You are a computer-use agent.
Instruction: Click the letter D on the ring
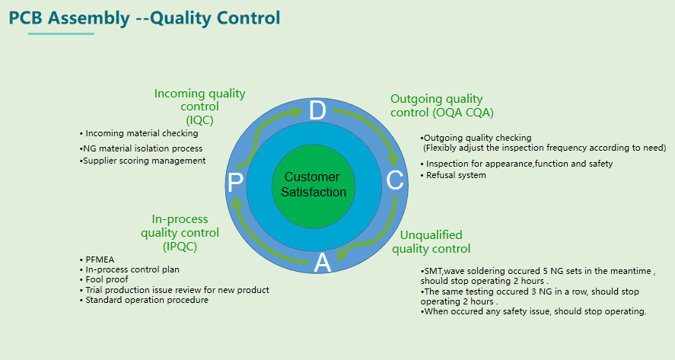(317, 111)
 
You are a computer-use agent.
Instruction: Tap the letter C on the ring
(395, 180)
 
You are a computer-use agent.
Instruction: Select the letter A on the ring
(323, 263)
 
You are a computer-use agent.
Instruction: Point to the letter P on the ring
(236, 183)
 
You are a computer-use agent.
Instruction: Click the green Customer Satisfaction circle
(313, 184)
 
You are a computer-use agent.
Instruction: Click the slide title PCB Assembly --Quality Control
(145, 18)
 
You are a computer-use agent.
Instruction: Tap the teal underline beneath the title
(61, 33)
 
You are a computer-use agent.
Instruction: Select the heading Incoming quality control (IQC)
(200, 107)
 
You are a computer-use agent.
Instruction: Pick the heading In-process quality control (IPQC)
(180, 232)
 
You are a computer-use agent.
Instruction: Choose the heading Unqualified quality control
(431, 242)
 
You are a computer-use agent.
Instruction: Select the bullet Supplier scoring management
(143, 161)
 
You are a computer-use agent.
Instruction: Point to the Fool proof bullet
(107, 279)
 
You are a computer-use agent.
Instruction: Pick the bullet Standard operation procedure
(146, 300)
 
